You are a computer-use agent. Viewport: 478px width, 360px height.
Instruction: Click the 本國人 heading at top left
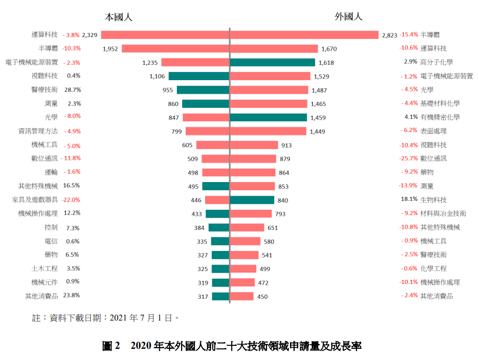[x=120, y=16]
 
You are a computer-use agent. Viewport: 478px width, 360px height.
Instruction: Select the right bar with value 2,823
[x=304, y=35]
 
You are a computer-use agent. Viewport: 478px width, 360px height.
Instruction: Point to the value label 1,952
[x=110, y=49]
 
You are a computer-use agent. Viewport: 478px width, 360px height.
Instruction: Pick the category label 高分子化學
[x=437, y=62]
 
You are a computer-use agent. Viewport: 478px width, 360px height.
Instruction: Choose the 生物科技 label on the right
[x=433, y=200]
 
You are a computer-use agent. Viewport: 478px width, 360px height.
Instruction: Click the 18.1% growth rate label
[x=410, y=199]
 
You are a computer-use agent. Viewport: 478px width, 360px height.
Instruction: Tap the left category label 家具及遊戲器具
[x=35, y=200]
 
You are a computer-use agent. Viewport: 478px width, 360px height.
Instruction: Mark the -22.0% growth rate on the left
[x=71, y=200]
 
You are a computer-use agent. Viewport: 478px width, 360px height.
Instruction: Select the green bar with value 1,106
[x=199, y=76]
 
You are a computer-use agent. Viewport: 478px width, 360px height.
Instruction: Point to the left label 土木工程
[x=45, y=268]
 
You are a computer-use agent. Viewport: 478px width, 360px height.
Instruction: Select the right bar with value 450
[x=242, y=296]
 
